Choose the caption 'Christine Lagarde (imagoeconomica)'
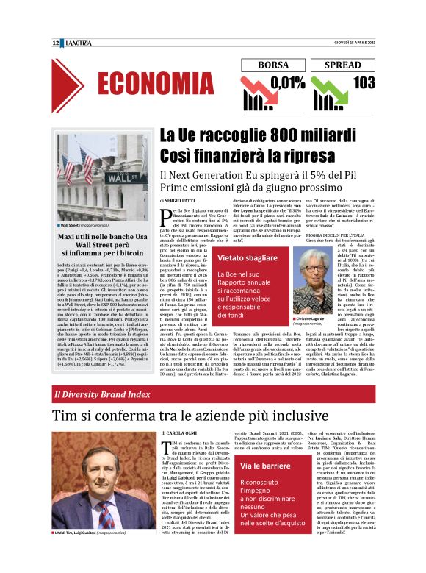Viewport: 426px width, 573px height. [317, 300]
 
